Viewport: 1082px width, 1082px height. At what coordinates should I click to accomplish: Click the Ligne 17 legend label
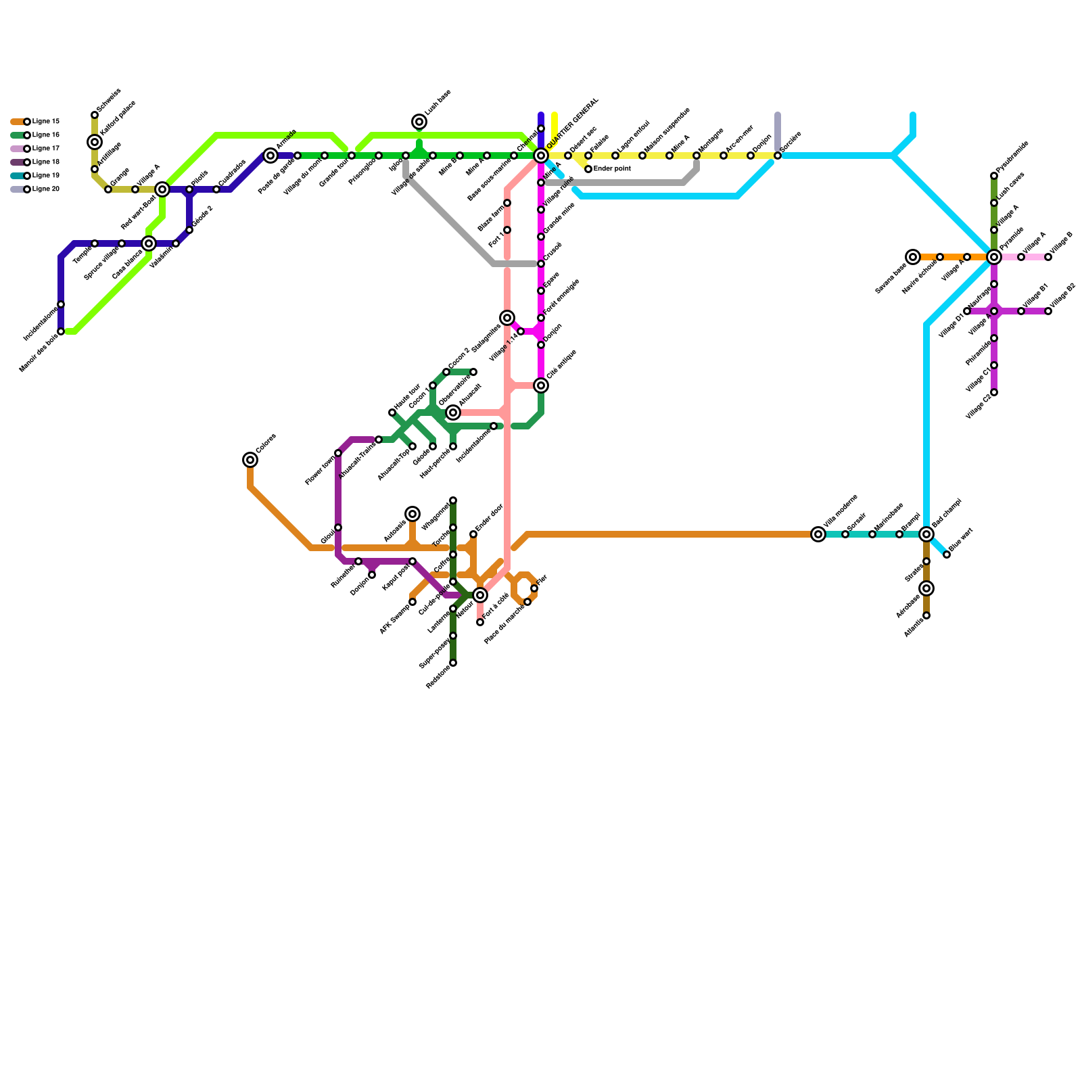(46, 149)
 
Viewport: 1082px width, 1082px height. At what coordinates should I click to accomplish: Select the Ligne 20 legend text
(46, 189)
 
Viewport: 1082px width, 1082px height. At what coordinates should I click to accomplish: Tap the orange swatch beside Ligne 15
(17, 122)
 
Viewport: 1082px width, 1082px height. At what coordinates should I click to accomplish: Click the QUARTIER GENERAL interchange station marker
(541, 156)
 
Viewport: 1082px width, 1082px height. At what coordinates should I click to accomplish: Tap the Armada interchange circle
(270, 156)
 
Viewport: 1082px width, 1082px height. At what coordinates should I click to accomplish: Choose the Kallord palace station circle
(95, 142)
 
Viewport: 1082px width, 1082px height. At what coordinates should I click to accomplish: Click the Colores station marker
(250, 460)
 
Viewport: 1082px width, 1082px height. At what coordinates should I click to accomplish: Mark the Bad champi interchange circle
(926, 534)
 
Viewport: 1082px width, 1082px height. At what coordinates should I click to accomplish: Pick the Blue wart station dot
(947, 555)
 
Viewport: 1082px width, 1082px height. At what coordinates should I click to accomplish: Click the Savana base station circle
(913, 257)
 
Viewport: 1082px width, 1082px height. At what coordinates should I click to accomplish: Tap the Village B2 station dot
(1048, 311)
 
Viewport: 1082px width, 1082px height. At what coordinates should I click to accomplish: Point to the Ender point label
(612, 168)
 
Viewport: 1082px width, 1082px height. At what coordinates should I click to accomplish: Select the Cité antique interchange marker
(541, 385)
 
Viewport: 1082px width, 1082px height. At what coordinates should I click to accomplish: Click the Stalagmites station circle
(507, 318)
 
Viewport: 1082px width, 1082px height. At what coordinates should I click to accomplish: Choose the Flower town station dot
(338, 453)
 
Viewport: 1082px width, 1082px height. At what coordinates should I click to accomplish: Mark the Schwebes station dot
(95, 115)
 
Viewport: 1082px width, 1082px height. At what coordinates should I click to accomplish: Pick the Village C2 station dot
(994, 392)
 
